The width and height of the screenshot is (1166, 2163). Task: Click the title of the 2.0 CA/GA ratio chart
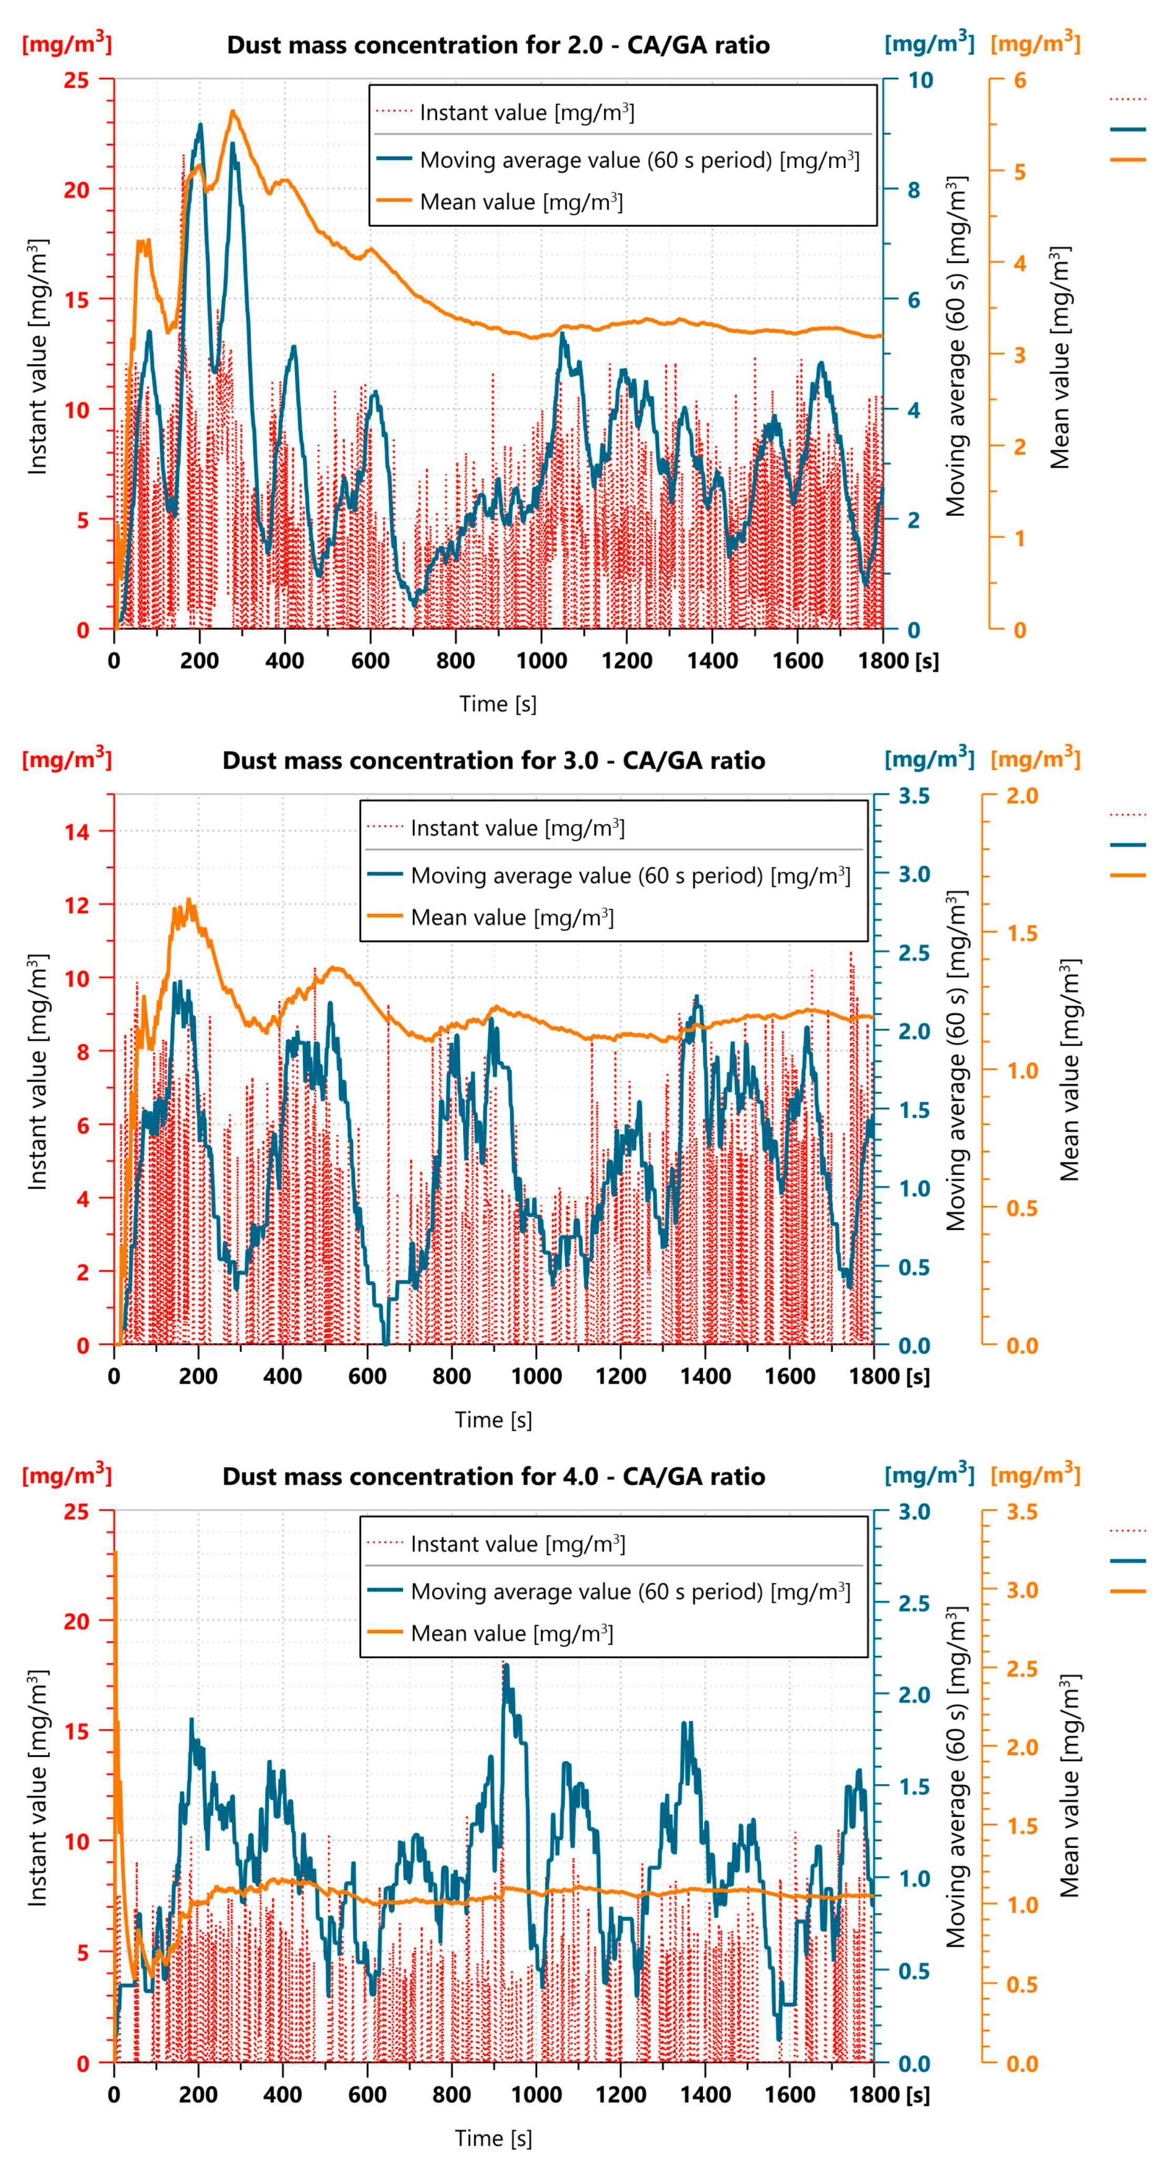pos(498,45)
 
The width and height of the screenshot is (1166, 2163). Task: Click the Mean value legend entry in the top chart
pos(521,202)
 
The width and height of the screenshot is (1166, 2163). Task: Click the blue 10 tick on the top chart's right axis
pos(920,80)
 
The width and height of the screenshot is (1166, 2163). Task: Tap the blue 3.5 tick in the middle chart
pos(914,796)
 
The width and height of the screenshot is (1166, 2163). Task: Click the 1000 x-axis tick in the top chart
pos(541,661)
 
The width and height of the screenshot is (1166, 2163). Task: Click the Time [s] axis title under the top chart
pos(497,703)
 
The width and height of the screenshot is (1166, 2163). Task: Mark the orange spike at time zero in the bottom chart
pos(115,1554)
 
